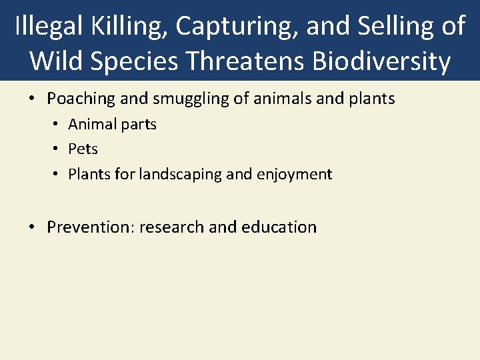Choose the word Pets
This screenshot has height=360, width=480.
(83, 149)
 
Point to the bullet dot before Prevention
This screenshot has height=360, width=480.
(32, 227)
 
